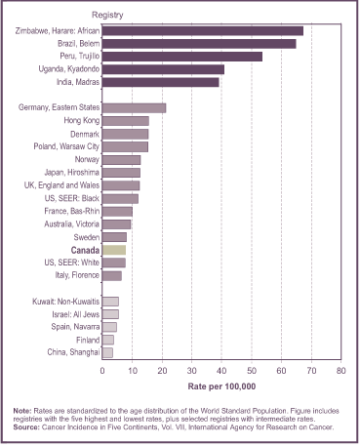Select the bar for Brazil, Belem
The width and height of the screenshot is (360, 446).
pos(198,44)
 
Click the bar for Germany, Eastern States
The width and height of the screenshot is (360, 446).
pos(134,107)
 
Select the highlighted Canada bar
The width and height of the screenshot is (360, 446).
pos(114,250)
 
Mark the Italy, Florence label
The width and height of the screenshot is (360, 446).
pos(69,275)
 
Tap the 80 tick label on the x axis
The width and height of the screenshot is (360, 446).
pos(340,371)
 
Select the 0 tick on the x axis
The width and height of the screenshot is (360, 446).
pos(102,371)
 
